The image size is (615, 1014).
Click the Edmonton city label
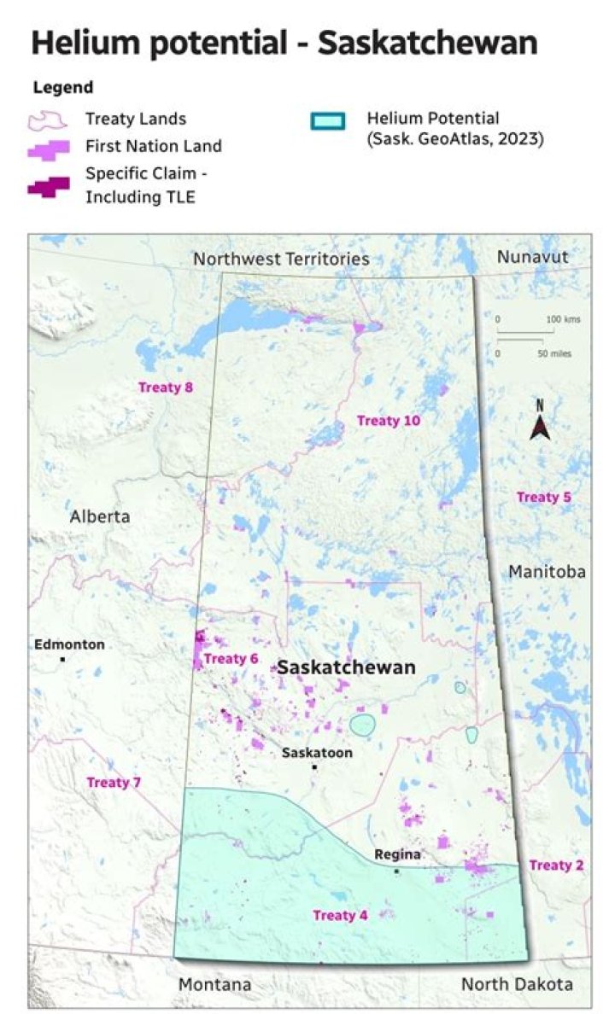click(70, 644)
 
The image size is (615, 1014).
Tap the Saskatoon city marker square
click(314, 767)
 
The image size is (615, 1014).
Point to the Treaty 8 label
click(166, 388)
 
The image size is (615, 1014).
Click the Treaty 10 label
click(389, 420)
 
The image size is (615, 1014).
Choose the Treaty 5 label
click(544, 497)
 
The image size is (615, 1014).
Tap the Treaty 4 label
click(340, 916)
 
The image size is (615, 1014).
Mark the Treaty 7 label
click(114, 782)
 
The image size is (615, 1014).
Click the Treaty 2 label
click(556, 865)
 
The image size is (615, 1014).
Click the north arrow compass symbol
click(539, 420)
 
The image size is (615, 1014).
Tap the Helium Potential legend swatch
click(327, 119)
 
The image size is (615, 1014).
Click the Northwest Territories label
click(281, 259)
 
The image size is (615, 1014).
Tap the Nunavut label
click(532, 257)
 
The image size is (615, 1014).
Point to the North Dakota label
click(517, 984)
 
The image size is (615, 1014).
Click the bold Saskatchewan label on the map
click(346, 667)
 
